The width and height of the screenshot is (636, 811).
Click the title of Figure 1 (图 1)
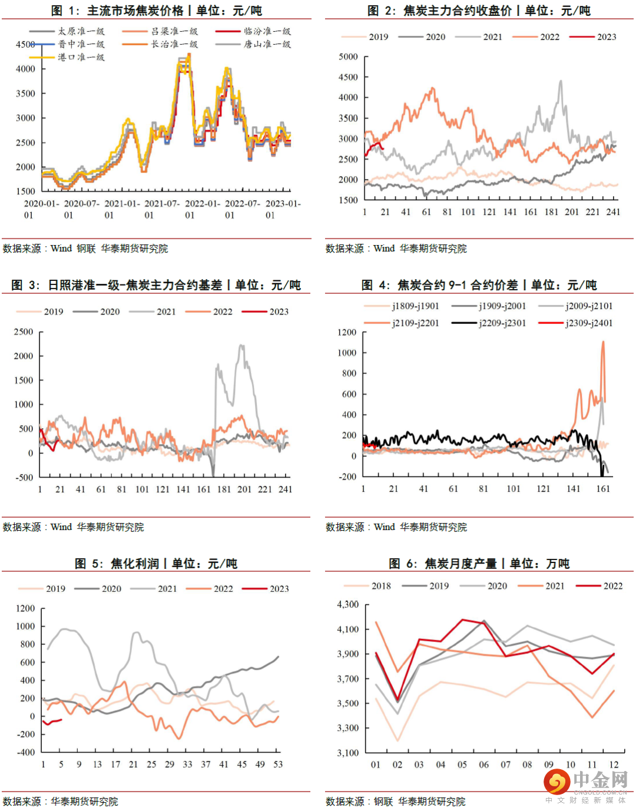click(x=157, y=11)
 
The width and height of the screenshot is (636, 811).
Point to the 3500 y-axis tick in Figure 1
click(x=25, y=93)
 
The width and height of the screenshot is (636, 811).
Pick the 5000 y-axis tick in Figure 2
click(x=348, y=57)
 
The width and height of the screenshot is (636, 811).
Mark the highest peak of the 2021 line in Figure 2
click(x=560, y=81)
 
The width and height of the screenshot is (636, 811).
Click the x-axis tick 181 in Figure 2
click(x=551, y=212)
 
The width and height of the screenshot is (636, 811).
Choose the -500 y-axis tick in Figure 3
click(x=24, y=477)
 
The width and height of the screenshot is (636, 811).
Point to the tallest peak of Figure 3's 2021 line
click(x=241, y=346)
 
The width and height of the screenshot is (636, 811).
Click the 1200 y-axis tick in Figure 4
click(x=347, y=332)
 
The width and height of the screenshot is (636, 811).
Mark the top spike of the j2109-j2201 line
click(x=602, y=342)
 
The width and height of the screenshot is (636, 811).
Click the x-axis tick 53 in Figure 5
click(x=278, y=764)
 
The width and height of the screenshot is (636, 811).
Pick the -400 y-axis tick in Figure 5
click(x=25, y=752)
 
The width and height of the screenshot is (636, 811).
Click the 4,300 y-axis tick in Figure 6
click(x=347, y=604)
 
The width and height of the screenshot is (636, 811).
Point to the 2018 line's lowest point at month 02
click(x=397, y=740)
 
